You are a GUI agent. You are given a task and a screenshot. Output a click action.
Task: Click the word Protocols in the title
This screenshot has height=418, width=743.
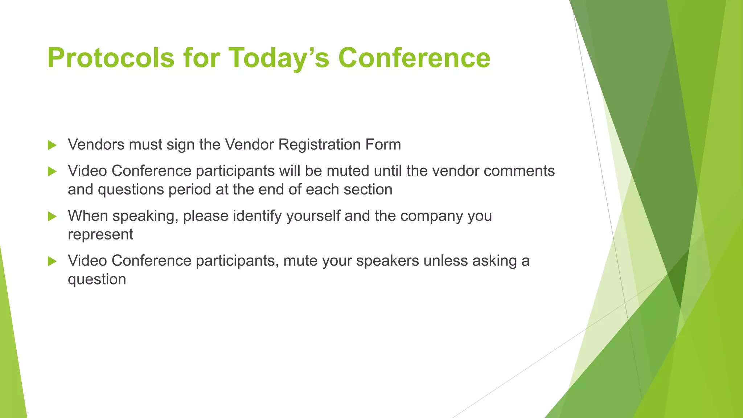coord(111,58)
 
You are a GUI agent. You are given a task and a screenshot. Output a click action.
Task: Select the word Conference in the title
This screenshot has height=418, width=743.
coord(414,58)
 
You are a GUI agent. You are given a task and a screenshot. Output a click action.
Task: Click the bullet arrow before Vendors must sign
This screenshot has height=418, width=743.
coord(52,146)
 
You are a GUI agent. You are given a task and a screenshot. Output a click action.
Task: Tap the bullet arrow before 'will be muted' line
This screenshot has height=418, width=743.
coord(52,172)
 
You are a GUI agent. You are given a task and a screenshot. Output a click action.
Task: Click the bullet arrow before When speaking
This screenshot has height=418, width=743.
coord(52,217)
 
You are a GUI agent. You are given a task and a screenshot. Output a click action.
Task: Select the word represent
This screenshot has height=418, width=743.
coord(100,235)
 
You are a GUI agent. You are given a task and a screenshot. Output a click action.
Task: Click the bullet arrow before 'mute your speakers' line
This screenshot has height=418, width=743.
coord(52,261)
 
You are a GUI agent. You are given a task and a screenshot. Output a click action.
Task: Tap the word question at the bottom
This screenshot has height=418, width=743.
coord(97,280)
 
